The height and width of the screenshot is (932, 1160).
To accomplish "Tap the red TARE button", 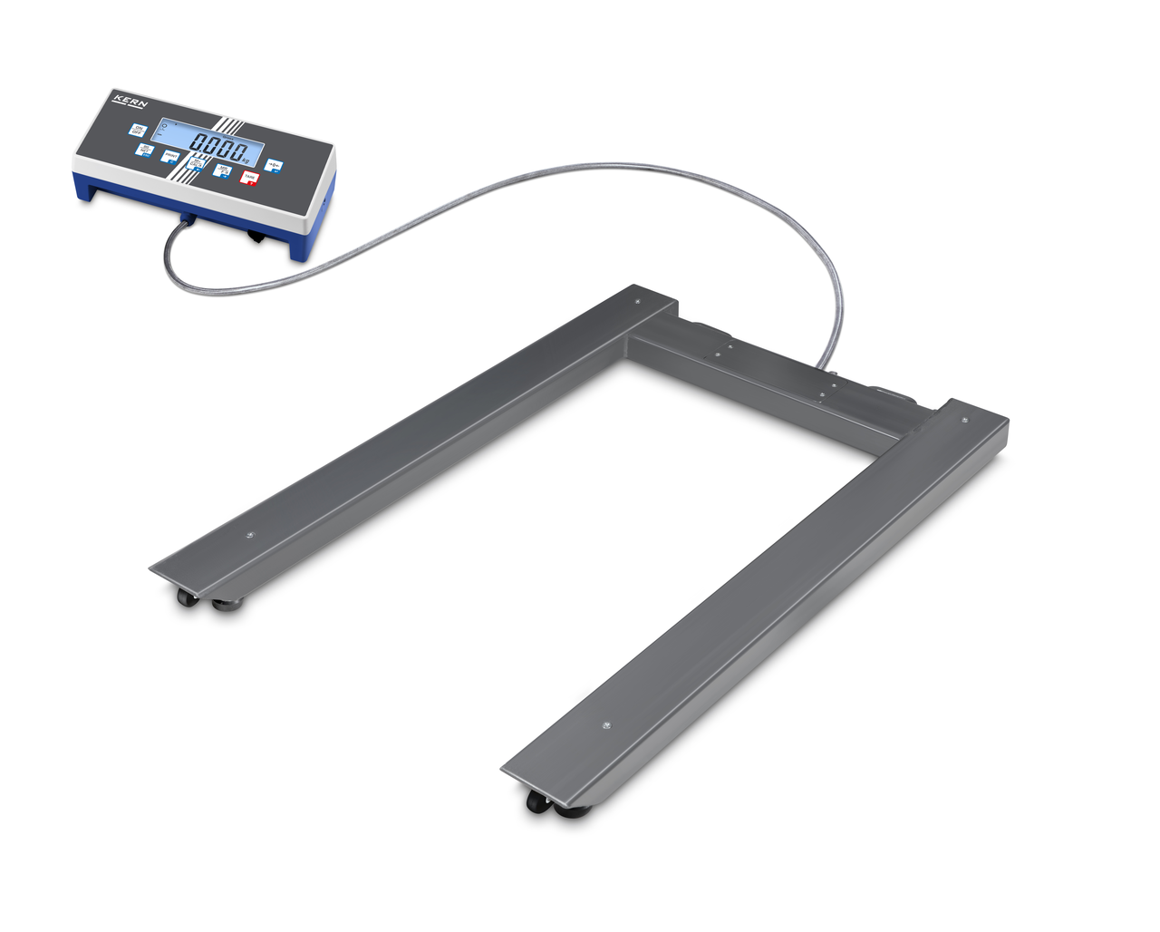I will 247,178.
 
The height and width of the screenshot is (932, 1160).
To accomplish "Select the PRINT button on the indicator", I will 169,156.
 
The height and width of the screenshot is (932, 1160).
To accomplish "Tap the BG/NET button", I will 143,149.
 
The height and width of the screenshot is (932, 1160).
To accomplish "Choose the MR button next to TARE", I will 221,170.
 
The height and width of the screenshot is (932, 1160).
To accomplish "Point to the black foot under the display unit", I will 256,238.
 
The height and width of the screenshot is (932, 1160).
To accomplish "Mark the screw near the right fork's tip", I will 606,725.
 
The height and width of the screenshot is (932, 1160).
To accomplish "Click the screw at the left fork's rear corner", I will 637,301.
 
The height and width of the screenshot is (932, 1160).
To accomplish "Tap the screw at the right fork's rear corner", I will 963,419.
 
